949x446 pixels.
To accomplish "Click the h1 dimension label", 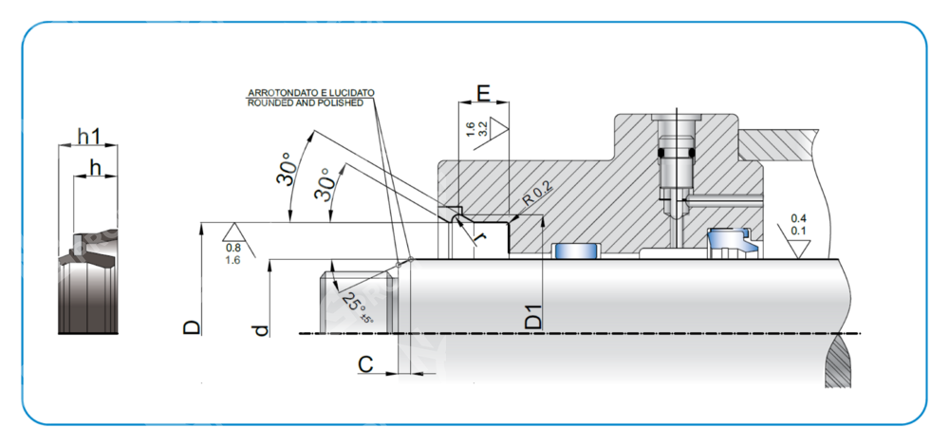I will (x=88, y=137).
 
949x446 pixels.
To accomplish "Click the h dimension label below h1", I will (x=93, y=167).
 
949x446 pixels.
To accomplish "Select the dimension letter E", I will (x=483, y=92).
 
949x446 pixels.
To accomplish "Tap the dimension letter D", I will (x=192, y=327).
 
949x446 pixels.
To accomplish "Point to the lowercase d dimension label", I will (x=262, y=329).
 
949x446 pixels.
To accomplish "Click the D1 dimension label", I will (x=535, y=316).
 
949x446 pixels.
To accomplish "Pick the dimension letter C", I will (x=365, y=363).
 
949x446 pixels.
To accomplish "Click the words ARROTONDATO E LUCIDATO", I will (x=310, y=92).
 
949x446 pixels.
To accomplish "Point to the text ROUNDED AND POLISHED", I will (x=305, y=102).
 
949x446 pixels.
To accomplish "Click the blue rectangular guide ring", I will (x=576, y=251).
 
